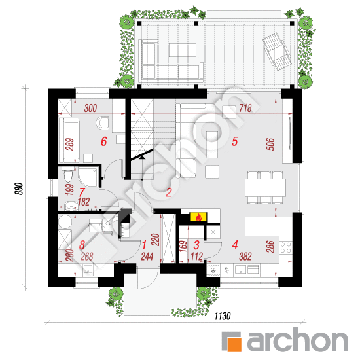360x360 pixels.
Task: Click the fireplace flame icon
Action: click(x=198, y=217)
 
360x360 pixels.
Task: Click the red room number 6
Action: click(x=104, y=141)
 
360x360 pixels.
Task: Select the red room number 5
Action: click(x=234, y=141)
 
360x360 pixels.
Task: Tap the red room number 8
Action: click(x=82, y=245)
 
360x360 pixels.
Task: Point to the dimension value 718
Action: click(x=245, y=108)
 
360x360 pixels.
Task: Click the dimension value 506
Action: click(x=270, y=144)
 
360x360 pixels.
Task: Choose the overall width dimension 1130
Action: click(x=223, y=316)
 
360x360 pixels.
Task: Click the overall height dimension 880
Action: click(x=19, y=189)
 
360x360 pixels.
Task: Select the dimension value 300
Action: click(x=90, y=108)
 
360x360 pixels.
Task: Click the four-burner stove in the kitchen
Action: click(x=285, y=247)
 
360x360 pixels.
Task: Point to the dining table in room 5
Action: click(x=265, y=188)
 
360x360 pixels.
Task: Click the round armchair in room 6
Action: click(x=102, y=122)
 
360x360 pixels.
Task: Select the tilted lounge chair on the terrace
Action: click(x=277, y=52)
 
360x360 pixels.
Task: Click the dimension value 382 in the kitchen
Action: click(x=245, y=257)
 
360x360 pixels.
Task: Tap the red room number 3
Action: click(x=196, y=245)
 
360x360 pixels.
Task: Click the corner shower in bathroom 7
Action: click(x=88, y=177)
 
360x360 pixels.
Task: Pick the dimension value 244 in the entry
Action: click(x=147, y=257)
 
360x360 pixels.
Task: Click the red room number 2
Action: click(x=169, y=192)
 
